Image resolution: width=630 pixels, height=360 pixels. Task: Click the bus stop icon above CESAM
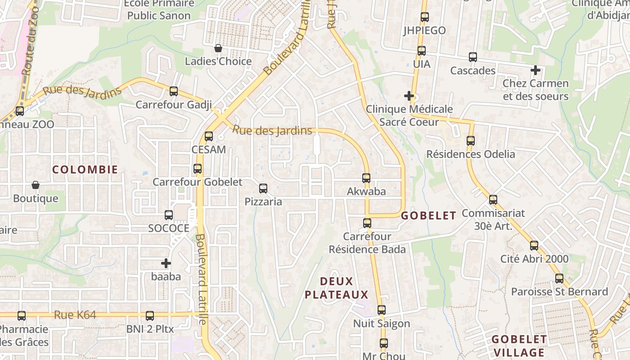209,136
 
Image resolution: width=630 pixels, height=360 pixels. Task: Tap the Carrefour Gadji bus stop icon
174,91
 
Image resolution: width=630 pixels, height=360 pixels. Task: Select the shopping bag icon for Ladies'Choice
218,48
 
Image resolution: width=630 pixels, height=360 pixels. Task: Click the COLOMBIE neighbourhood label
85,170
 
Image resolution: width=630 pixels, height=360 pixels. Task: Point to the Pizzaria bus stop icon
263,188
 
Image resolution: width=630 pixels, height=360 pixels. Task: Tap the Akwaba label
366,191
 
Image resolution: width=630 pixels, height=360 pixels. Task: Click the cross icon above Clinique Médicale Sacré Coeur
409,95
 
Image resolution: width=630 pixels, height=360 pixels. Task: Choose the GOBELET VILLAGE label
519,346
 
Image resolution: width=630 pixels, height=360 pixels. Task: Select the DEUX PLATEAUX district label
337,288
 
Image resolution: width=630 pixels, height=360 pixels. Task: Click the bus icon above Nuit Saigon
382,310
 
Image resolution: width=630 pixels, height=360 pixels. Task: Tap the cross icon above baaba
166,263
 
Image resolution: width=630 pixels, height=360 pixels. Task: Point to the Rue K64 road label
75,315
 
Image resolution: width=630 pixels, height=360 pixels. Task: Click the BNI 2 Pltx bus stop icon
150,315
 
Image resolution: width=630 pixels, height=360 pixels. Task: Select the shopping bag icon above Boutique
36,185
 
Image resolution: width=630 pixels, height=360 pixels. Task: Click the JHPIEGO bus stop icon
424,17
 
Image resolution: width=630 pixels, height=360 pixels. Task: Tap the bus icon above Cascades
473,57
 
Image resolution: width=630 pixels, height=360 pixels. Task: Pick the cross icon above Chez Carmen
535,70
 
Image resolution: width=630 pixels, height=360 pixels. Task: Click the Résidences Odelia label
471,154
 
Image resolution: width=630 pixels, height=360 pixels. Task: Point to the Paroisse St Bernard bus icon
559,278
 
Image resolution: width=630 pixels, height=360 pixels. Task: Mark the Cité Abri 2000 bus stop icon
534,245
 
